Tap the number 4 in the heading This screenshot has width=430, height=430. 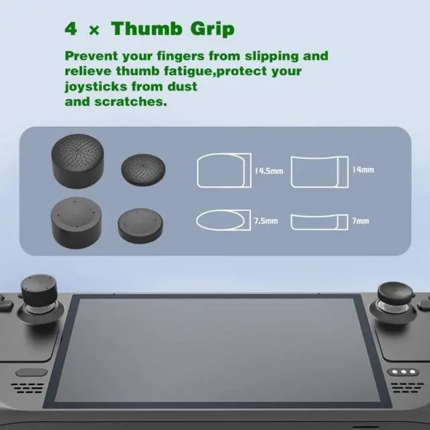(71, 30)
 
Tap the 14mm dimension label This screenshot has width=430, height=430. (363, 170)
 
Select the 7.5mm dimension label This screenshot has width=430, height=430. (266, 220)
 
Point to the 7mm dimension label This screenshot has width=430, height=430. (360, 220)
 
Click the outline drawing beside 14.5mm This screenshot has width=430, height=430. (223, 170)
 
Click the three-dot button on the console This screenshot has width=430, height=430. (401, 372)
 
